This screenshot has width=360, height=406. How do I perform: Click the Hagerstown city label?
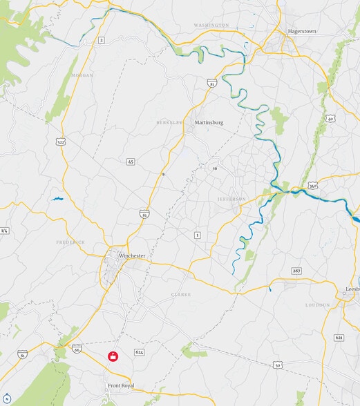point(301,31)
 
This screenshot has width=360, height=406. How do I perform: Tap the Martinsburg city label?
point(209,122)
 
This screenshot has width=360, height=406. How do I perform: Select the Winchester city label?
point(132,255)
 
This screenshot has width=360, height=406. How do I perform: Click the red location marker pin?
point(112,356)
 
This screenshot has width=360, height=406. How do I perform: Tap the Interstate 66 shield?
point(76,349)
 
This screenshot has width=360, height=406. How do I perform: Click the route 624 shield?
point(140,352)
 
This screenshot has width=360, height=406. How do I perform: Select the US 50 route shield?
point(277,365)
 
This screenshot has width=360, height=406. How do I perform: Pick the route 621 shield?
point(339,337)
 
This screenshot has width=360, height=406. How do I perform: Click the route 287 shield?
point(296,271)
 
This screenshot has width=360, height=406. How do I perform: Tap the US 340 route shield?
point(313,186)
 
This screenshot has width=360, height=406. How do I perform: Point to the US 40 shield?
point(331,119)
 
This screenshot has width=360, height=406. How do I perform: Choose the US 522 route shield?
point(61,142)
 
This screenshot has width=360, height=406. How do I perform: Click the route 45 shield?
point(131,162)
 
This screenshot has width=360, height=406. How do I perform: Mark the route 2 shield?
point(101,41)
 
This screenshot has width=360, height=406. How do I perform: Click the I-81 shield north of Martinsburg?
point(212,84)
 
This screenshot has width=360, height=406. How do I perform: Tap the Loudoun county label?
point(318,304)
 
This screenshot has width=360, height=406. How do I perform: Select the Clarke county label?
point(181,294)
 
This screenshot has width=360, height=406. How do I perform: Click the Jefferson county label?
point(231,199)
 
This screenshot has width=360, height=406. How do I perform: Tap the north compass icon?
point(7,399)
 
